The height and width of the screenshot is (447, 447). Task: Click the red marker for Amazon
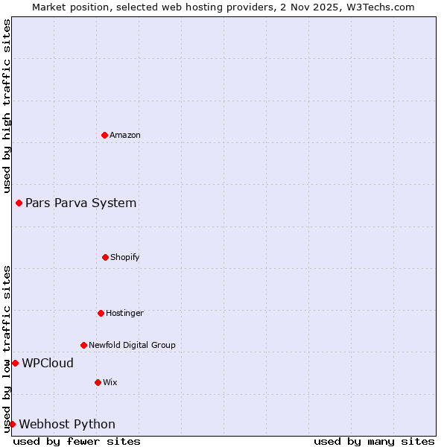(x=104, y=135)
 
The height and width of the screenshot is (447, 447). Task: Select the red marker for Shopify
(x=105, y=257)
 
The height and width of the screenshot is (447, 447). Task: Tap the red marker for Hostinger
(x=101, y=313)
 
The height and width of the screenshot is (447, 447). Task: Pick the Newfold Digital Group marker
(x=83, y=345)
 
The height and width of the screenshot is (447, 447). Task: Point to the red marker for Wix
(x=98, y=382)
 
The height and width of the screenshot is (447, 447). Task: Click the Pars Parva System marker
(x=19, y=203)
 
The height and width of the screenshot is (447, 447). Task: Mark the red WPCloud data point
(x=15, y=363)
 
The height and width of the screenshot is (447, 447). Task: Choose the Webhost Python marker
(x=12, y=424)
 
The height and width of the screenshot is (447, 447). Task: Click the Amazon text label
(x=125, y=135)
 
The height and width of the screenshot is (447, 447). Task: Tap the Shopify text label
(x=125, y=257)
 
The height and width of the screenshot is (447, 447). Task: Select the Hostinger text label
(x=124, y=313)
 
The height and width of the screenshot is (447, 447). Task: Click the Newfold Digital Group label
(x=132, y=345)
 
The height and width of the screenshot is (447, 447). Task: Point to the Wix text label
(x=110, y=382)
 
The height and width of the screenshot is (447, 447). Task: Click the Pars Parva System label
(x=81, y=203)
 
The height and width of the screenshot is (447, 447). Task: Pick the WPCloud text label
(x=48, y=363)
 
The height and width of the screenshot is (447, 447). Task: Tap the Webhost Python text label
(x=67, y=424)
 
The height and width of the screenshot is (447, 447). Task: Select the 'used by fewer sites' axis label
(x=77, y=441)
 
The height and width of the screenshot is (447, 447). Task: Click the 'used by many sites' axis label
(x=374, y=441)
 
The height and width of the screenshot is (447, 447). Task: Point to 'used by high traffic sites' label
(x=7, y=105)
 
